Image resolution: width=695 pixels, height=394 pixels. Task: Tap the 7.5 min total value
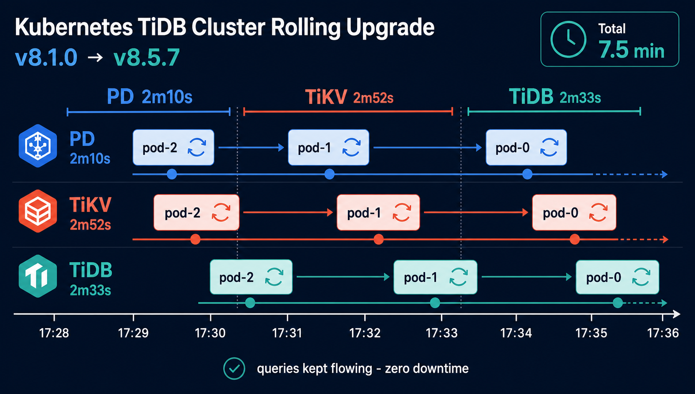click(x=632, y=50)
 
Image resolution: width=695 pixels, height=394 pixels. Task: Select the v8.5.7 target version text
click(x=147, y=58)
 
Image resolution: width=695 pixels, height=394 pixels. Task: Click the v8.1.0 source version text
click(x=46, y=58)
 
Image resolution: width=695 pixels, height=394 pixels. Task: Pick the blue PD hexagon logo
click(x=38, y=146)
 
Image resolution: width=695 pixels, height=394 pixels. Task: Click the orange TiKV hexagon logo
click(x=38, y=211)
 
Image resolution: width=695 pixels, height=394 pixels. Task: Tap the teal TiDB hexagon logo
click(x=38, y=276)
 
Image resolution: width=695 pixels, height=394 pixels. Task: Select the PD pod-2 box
click(x=174, y=147)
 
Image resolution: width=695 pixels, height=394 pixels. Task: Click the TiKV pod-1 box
click(x=378, y=212)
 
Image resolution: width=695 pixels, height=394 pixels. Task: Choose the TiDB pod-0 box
click(x=617, y=277)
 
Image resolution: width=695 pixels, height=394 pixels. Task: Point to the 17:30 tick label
click(x=210, y=333)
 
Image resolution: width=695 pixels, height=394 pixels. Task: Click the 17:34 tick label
click(x=516, y=333)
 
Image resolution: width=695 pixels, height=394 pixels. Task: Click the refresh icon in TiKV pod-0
click(x=598, y=212)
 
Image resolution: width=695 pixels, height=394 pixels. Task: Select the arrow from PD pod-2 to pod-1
click(x=251, y=147)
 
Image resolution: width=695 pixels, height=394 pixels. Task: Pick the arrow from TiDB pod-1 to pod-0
click(x=526, y=277)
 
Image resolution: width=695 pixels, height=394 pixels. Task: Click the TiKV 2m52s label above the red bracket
click(x=349, y=97)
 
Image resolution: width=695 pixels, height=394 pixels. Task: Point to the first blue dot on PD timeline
click(x=171, y=174)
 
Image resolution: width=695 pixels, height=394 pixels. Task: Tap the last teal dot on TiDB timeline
click(x=618, y=303)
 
